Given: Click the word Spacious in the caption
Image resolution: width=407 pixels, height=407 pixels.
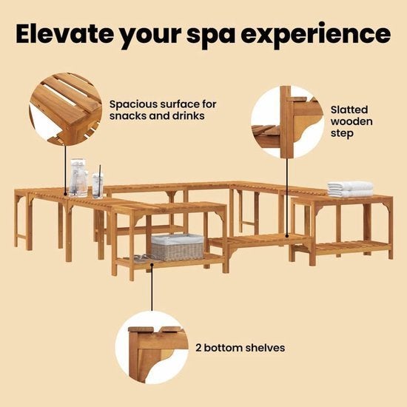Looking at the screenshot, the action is pyautogui.click(x=132, y=105).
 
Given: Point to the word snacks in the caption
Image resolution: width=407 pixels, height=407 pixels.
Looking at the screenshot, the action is pyautogui.click(x=127, y=116).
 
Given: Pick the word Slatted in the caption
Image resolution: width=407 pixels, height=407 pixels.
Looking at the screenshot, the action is pyautogui.click(x=349, y=110).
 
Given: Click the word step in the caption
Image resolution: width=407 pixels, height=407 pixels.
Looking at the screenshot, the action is pyautogui.click(x=342, y=134).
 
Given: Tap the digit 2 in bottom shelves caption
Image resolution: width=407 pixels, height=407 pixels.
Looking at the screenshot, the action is pyautogui.click(x=198, y=348).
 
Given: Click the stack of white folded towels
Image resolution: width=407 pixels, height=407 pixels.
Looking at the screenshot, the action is pyautogui.click(x=350, y=189).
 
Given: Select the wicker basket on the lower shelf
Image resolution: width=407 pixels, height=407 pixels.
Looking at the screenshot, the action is pyautogui.click(x=178, y=247).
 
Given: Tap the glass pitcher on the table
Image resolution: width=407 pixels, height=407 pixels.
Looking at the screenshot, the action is pyautogui.click(x=78, y=178).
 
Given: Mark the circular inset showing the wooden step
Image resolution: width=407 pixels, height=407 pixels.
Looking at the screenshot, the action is pyautogui.click(x=287, y=122).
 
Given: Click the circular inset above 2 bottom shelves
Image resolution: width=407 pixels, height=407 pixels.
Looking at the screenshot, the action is pyautogui.click(x=152, y=348).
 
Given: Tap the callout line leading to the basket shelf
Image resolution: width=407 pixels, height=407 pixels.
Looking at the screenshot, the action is pyautogui.click(x=152, y=287).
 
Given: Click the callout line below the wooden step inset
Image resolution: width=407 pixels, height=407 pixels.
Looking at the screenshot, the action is pyautogui.click(x=287, y=198).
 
